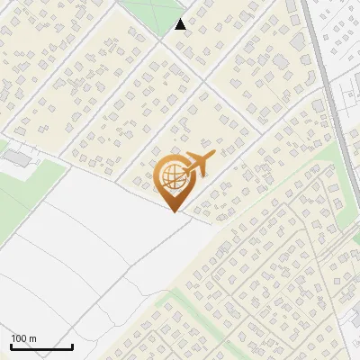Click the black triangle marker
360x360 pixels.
point(181,24)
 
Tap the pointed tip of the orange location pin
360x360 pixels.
point(172,211)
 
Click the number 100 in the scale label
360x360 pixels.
point(20,338)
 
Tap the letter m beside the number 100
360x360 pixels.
point(33,338)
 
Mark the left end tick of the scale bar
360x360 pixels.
point(11,346)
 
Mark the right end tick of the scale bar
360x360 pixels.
point(72,346)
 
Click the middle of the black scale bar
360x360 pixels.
point(41,347)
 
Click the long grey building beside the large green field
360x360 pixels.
point(15,157)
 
